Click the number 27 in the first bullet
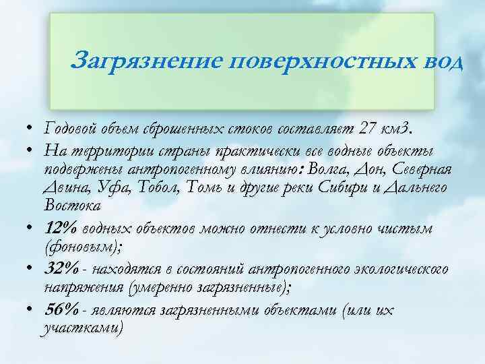click(x=365, y=129)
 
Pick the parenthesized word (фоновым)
click(x=84, y=247)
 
